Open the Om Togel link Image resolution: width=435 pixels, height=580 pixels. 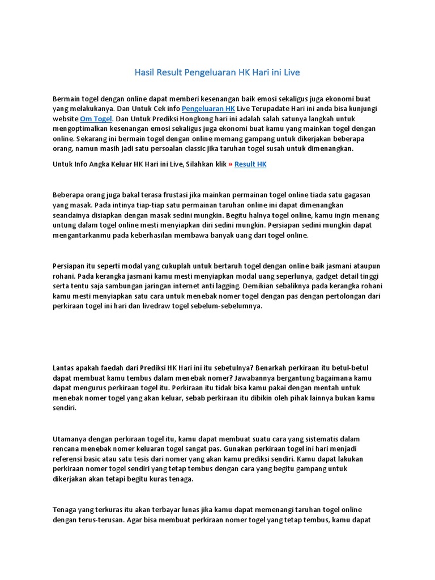pyautogui.click(x=96, y=118)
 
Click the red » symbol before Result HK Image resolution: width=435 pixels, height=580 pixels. pyautogui.click(x=229, y=164)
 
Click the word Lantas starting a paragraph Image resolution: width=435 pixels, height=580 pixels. pyautogui.click(x=63, y=368)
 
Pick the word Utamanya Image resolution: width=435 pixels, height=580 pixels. pyautogui.click(x=69, y=440)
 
